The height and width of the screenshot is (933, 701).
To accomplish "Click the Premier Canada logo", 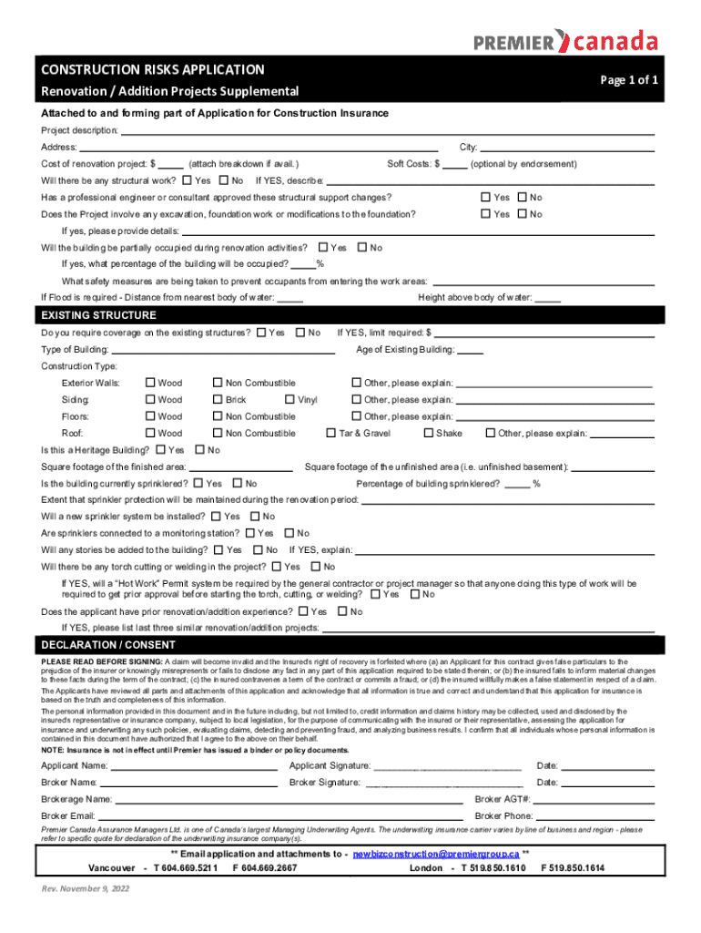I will pyautogui.click(x=565, y=41).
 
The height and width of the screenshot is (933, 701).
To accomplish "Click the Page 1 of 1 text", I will pyautogui.click(x=629, y=80).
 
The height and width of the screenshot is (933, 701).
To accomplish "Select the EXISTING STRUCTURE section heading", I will pyautogui.click(x=98, y=315).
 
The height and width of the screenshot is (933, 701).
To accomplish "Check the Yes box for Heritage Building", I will pyautogui.click(x=162, y=450).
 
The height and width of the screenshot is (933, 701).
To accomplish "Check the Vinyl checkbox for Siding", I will pyautogui.click(x=290, y=400).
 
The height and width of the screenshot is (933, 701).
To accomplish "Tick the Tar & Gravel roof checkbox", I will pyautogui.click(x=331, y=434).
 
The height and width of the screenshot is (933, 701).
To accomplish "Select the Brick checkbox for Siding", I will pyautogui.click(x=218, y=400).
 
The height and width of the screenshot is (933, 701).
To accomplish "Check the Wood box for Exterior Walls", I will pyautogui.click(x=151, y=384).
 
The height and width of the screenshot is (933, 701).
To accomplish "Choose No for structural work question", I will pyautogui.click(x=224, y=180).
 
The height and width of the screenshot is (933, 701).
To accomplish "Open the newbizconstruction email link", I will pyautogui.click(x=435, y=855).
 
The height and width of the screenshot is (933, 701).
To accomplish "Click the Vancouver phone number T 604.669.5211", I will pyautogui.click(x=186, y=868).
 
